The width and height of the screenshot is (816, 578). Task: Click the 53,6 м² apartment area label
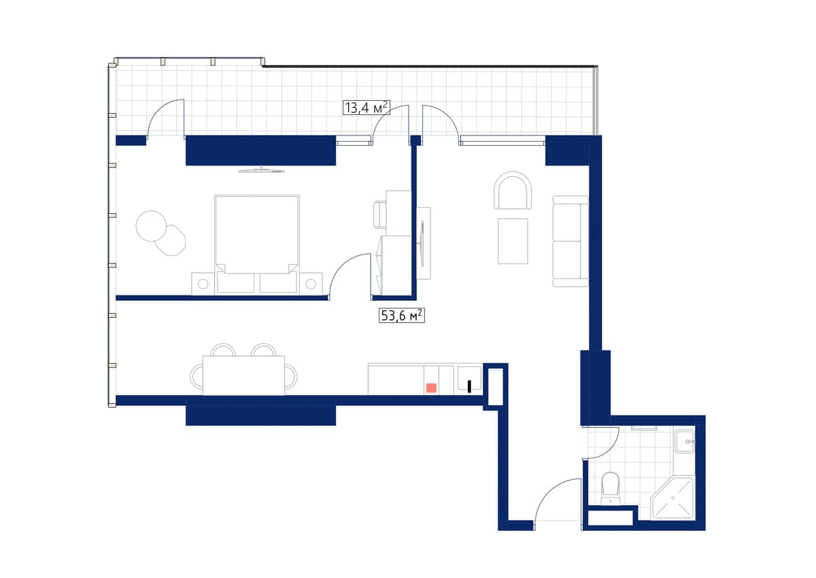401,315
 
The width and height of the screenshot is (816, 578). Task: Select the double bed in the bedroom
257,235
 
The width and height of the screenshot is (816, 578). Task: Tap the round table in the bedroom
151,225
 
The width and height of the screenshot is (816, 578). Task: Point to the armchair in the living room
513,191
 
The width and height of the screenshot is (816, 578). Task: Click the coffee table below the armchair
513,240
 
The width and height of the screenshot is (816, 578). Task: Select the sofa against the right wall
570,241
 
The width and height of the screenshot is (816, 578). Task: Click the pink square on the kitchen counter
431,387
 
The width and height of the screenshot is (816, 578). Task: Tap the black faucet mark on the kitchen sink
469,387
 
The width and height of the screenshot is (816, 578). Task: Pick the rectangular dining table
243,375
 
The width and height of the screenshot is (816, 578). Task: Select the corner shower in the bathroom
673,498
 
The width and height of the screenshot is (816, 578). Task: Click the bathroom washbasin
685,442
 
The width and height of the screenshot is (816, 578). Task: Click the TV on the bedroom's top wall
260,170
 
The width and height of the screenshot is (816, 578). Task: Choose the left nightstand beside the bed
203,283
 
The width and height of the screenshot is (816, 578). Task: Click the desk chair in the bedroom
379,214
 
